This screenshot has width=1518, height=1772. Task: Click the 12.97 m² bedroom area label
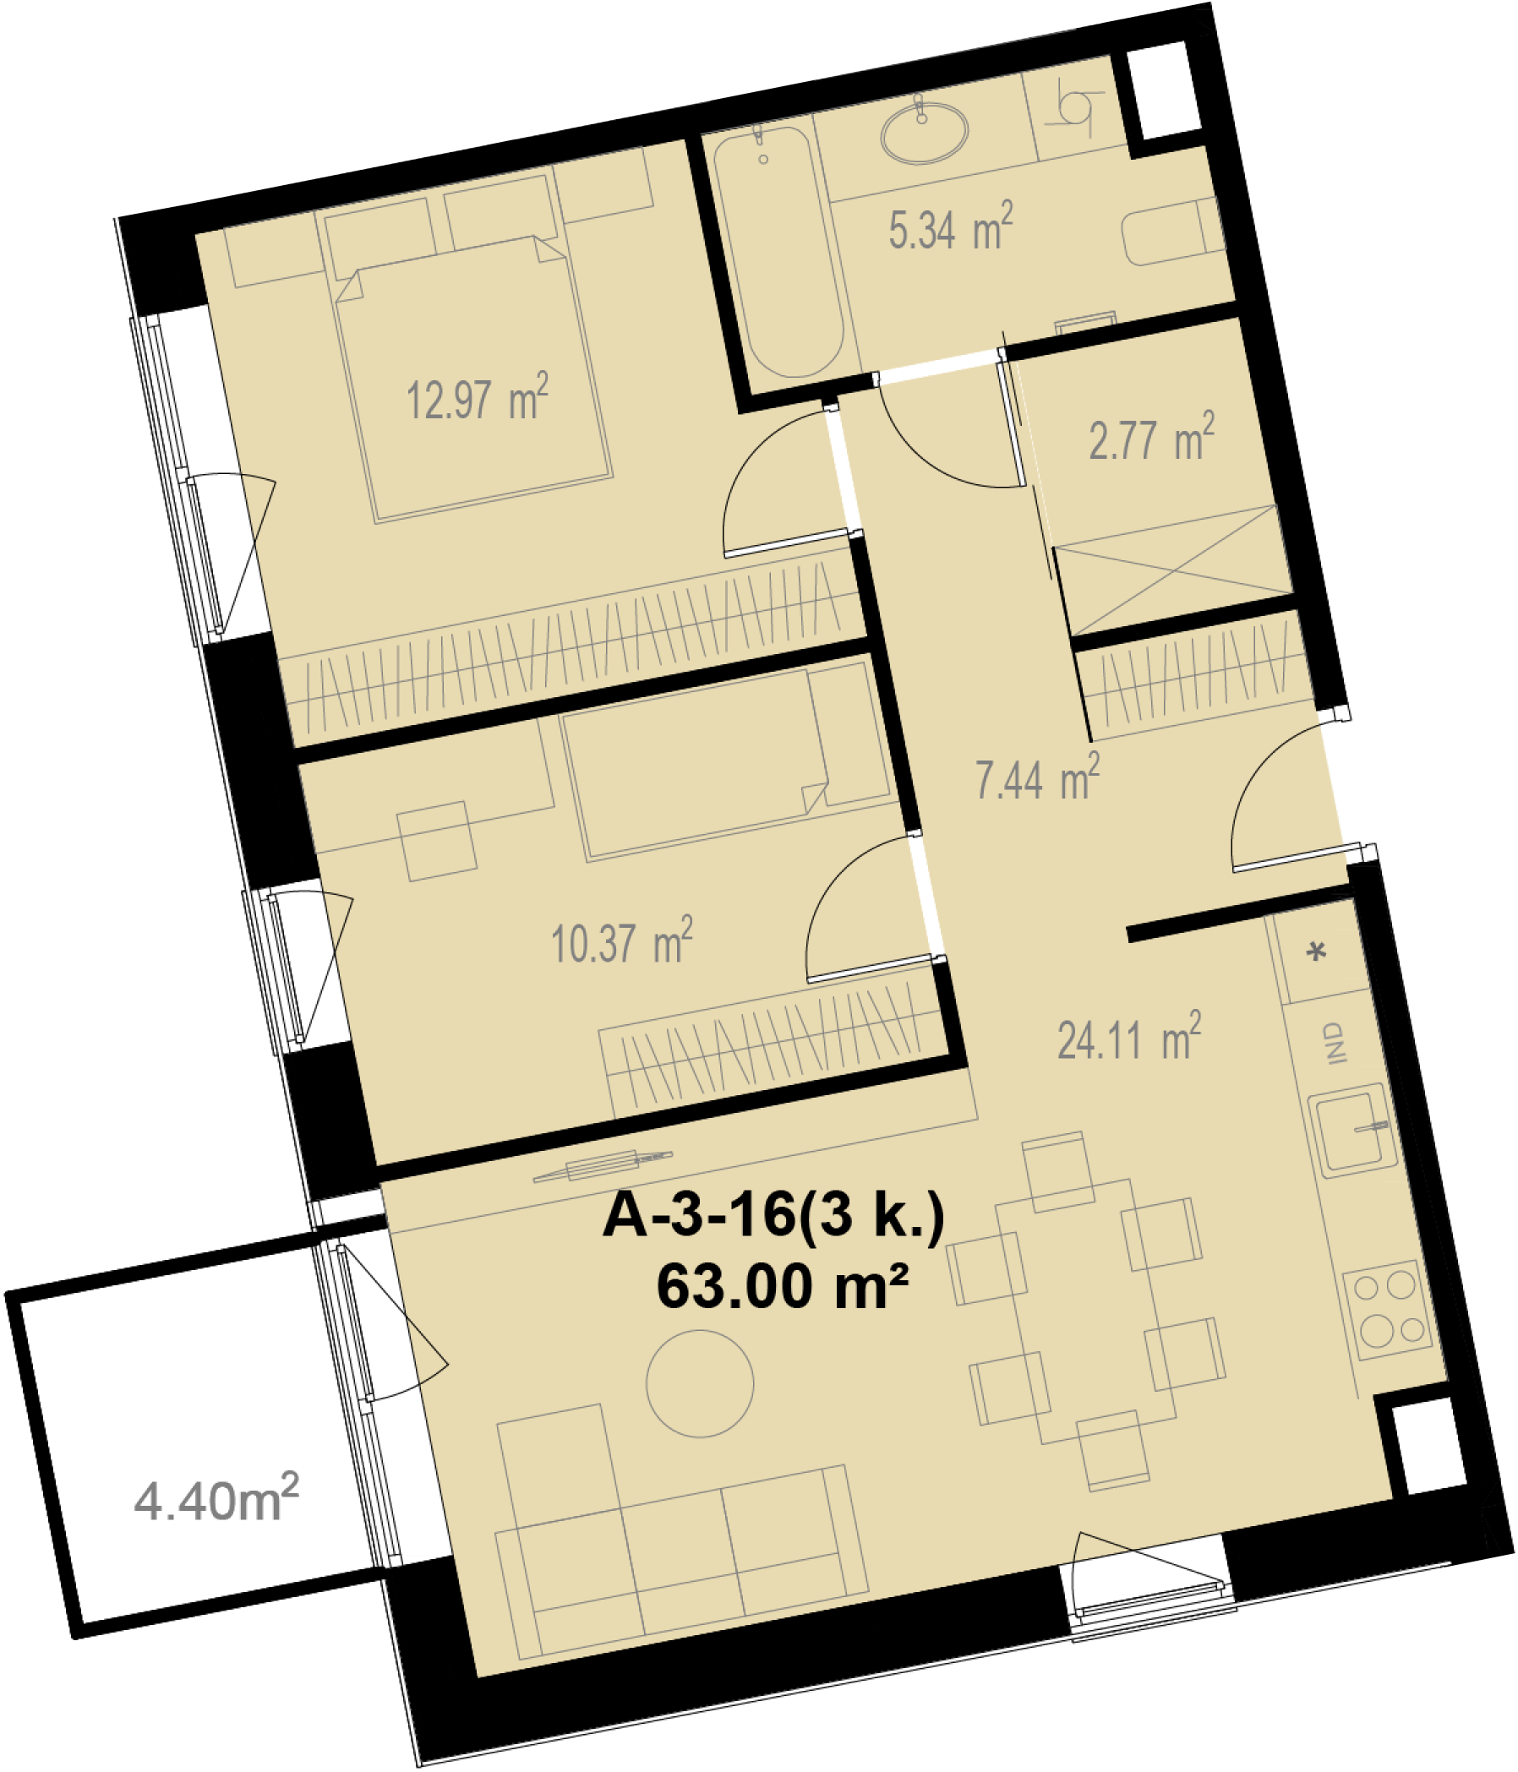(478, 398)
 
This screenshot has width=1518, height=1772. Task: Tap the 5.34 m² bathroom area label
(950, 227)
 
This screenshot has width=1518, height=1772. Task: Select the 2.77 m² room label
(1151, 438)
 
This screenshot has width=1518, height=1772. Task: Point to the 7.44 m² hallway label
(1037, 778)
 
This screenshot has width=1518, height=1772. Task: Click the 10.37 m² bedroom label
(622, 941)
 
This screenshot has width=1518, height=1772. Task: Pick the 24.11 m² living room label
(1129, 1038)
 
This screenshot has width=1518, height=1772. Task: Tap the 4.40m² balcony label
(216, 1499)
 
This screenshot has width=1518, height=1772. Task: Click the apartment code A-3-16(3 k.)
(773, 1215)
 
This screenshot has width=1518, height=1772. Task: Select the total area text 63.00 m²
(782, 1288)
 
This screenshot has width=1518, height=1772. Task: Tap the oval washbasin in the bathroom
(925, 134)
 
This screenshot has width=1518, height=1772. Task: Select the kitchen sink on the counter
(1352, 1131)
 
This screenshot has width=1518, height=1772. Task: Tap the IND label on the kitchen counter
(1334, 1043)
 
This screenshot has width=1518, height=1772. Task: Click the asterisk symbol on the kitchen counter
(1318, 951)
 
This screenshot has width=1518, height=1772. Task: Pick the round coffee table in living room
(700, 1383)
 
